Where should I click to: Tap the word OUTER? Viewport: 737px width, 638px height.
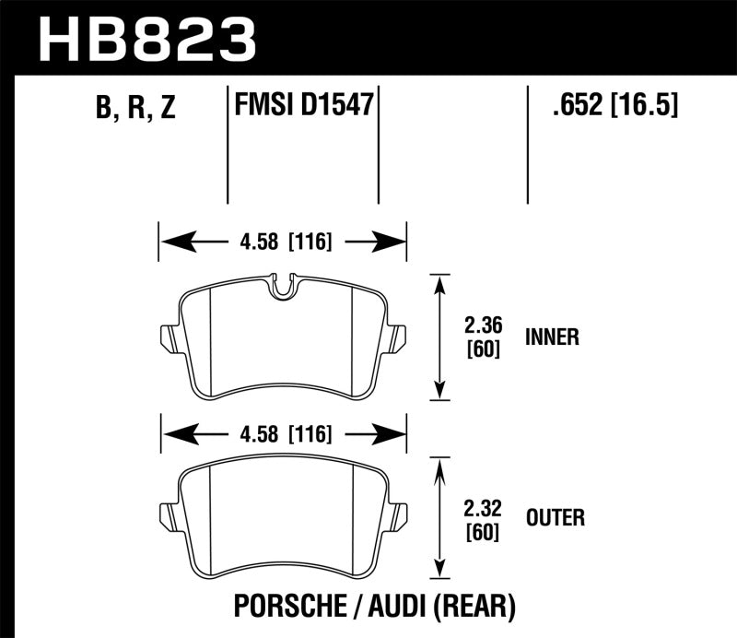pos(555,518)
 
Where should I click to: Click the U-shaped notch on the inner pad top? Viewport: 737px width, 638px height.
pos(283,286)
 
